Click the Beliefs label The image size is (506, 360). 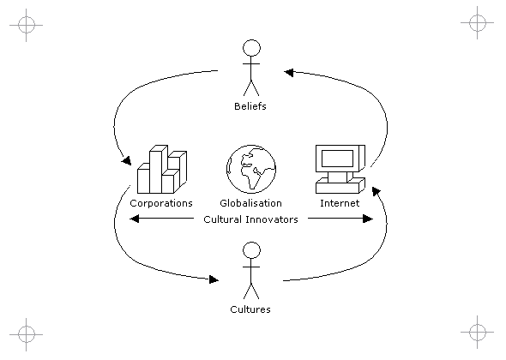coord(250,106)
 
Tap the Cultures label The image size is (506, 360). coord(250,309)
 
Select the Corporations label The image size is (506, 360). coord(161,203)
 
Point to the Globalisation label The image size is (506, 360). coord(250,203)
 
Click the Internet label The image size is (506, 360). coord(340,203)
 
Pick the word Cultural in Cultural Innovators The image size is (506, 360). coord(223,219)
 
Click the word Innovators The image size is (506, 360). coord(271,219)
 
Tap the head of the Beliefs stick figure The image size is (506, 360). coord(251,48)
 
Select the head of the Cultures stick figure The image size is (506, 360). coord(251,250)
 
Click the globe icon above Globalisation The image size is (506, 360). coord(251,169)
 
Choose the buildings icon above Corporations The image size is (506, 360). coord(162,170)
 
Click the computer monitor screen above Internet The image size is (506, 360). coord(338,158)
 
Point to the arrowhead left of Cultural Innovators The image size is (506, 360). coord(135,219)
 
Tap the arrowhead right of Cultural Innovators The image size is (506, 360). coord(368,219)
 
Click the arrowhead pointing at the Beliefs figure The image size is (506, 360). coord(289,73)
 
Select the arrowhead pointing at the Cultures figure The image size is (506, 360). coord(214,279)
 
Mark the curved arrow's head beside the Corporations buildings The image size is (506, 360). coord(127,160)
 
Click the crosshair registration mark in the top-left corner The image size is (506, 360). coord(26,25)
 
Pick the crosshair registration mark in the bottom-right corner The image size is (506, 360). coord(478,332)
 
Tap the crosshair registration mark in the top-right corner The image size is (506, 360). coord(478,22)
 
